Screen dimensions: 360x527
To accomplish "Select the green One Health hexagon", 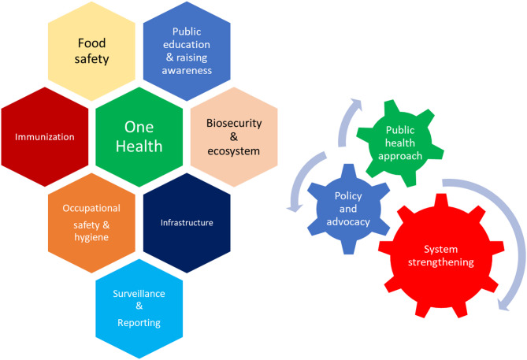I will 140,136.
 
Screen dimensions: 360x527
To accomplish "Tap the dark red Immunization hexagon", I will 44,136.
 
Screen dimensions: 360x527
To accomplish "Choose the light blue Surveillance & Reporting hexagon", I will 140,308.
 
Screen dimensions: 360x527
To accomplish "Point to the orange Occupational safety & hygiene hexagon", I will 92,222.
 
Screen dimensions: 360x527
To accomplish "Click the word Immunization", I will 44,137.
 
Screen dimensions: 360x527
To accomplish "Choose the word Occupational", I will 92,207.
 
